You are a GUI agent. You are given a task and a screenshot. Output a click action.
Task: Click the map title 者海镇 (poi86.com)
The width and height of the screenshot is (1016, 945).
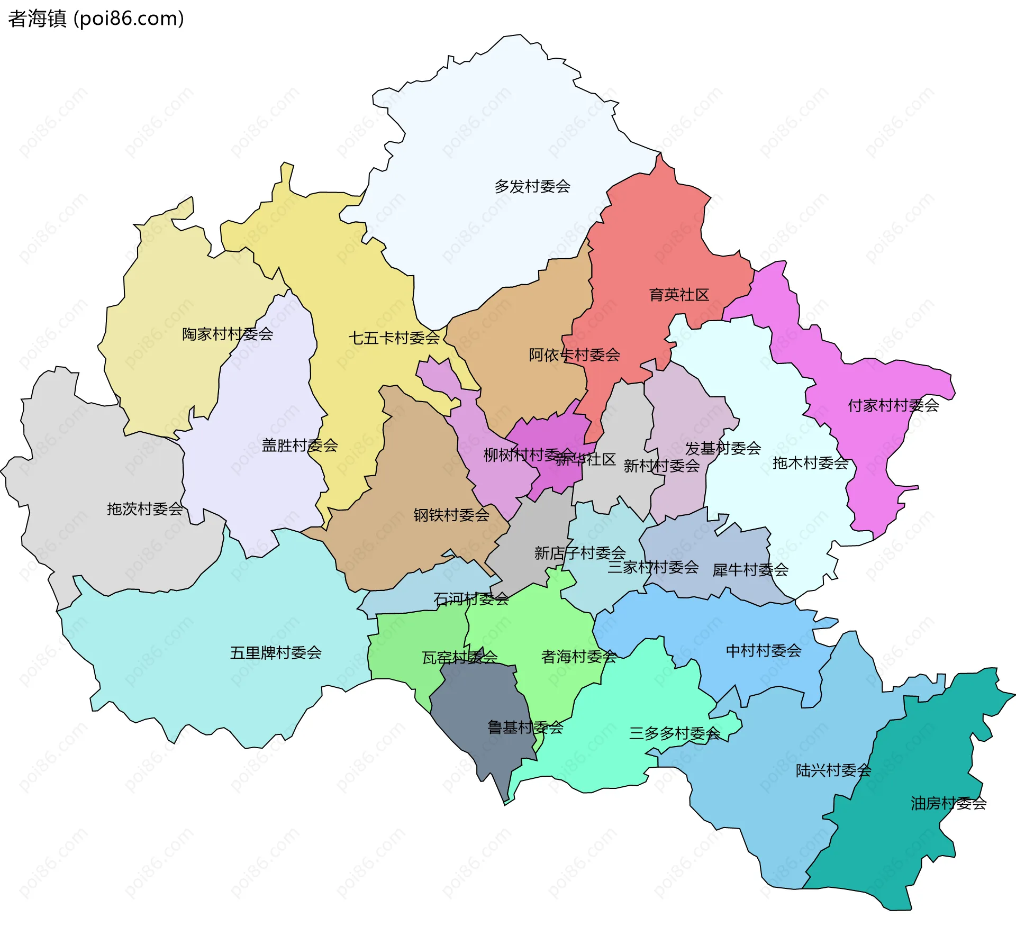tap(96, 19)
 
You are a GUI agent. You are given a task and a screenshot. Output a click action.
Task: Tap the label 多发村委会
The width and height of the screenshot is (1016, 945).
tap(532, 186)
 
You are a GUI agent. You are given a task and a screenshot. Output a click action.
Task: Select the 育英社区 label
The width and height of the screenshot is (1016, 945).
tap(679, 295)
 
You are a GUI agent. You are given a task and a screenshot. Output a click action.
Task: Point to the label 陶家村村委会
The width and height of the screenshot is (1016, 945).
tap(228, 334)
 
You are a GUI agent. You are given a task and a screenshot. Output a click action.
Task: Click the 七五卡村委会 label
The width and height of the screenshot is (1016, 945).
tap(394, 338)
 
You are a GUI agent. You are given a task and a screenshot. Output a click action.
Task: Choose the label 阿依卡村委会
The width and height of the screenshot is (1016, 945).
tap(574, 355)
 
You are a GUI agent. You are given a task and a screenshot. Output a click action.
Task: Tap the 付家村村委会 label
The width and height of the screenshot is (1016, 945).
tap(893, 405)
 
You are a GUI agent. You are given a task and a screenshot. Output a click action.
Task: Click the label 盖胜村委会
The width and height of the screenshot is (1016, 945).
tap(300, 445)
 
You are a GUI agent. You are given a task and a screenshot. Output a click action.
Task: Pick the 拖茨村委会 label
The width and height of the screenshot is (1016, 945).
tap(145, 508)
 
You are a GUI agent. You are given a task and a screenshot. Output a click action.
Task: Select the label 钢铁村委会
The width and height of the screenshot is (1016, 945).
tap(451, 515)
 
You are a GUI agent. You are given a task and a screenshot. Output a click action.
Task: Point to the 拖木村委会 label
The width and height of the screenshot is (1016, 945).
tap(810, 463)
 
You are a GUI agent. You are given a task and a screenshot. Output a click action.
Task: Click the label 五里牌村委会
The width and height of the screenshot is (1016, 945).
tap(276, 652)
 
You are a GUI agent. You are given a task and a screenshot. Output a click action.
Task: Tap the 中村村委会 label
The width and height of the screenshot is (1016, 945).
tap(764, 650)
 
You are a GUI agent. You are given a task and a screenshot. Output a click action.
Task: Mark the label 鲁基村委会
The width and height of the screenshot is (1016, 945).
tap(525, 728)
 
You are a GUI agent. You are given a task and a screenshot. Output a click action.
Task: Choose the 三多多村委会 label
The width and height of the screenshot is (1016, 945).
tap(675, 733)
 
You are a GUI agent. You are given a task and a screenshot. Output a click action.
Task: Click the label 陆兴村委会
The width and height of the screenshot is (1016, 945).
tap(833, 770)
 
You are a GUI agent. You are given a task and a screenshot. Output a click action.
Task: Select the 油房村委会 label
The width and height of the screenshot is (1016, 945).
tap(948, 804)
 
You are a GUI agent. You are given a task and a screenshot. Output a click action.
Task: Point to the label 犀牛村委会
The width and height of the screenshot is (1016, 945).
tap(750, 570)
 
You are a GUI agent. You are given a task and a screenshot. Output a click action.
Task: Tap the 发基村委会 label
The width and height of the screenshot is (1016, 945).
tap(723, 449)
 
